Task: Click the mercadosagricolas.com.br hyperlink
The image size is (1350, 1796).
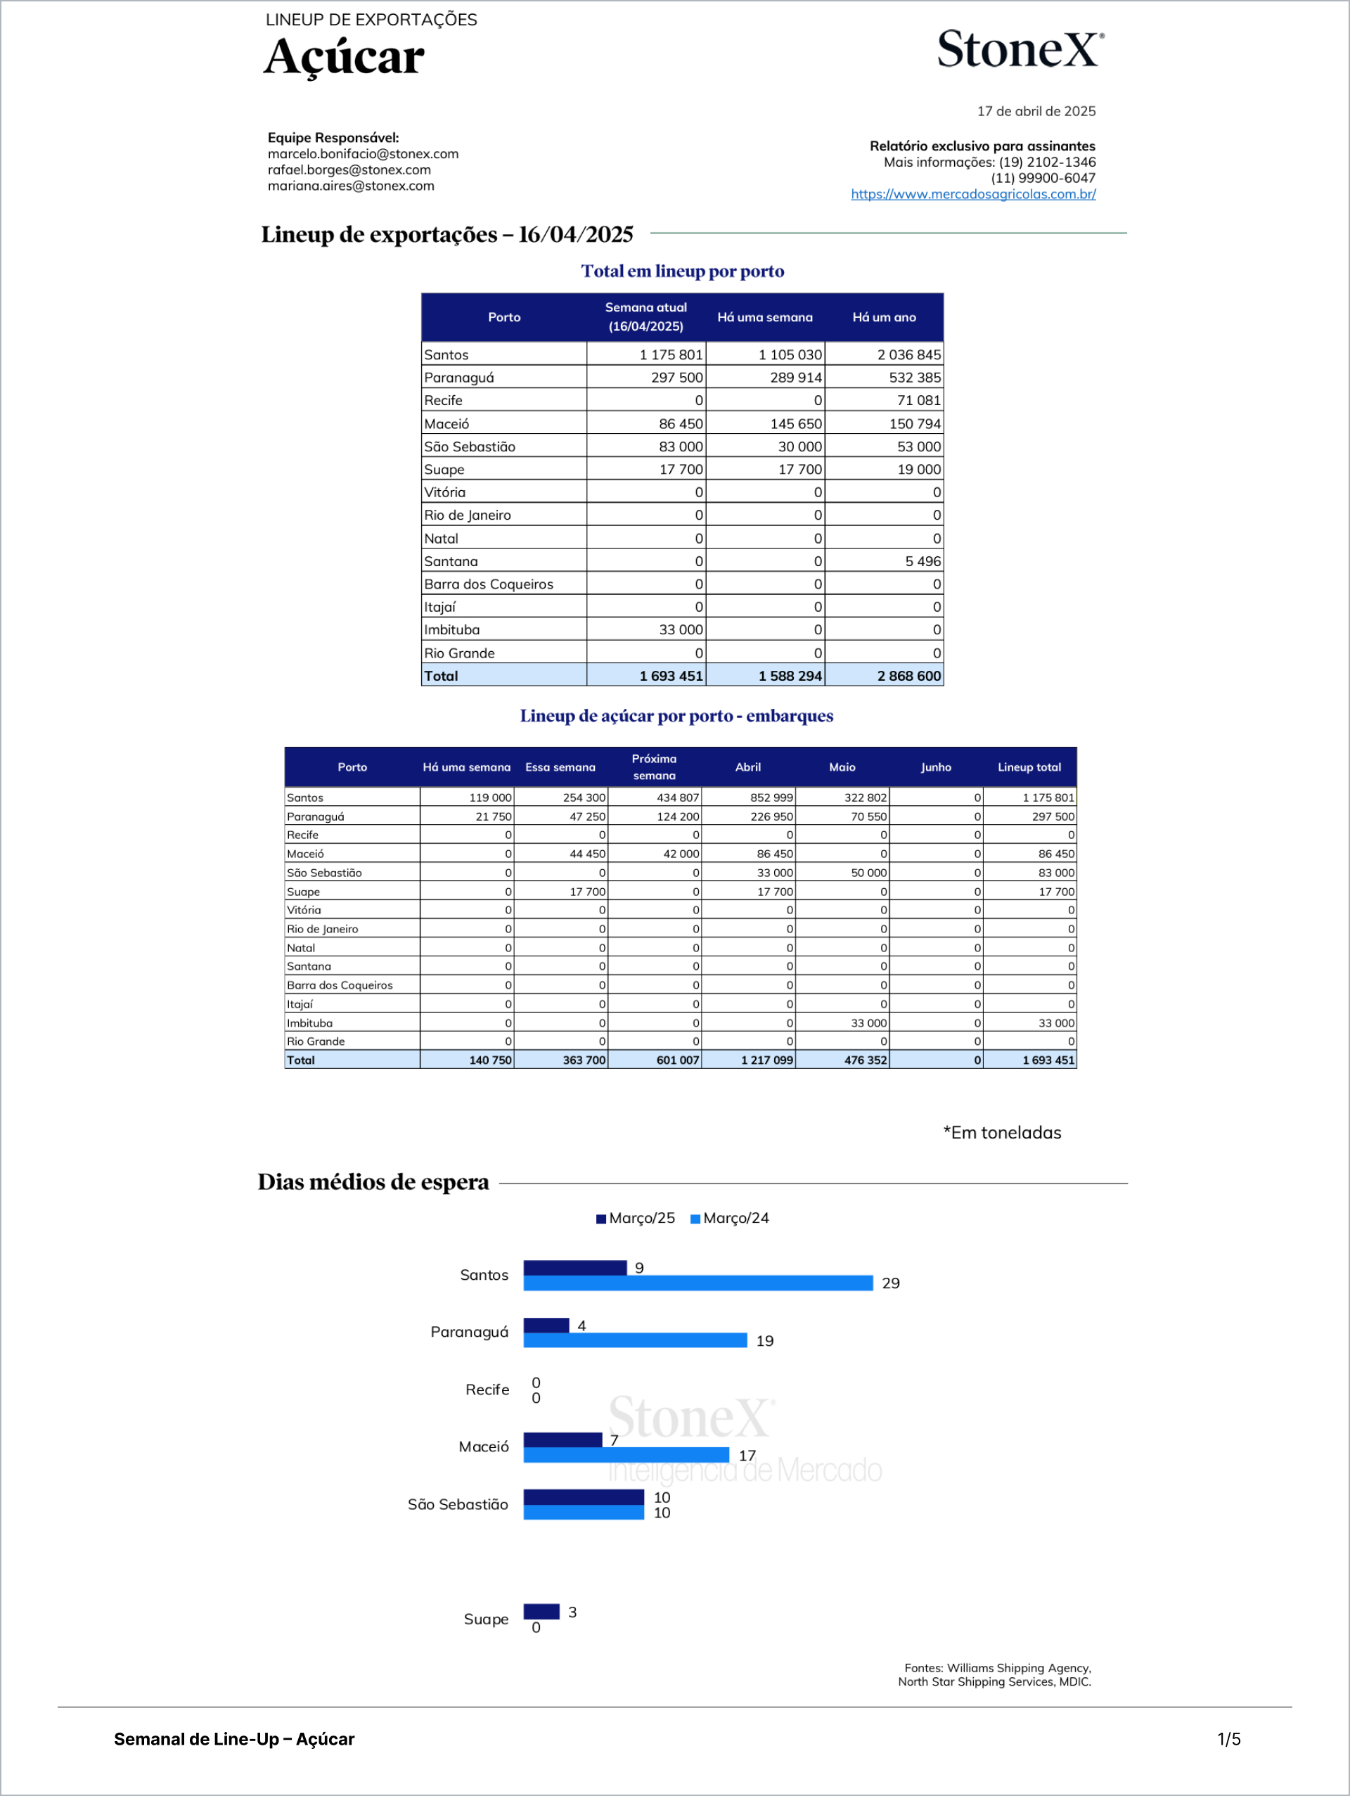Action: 972,194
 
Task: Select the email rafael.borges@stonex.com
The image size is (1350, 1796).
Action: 349,169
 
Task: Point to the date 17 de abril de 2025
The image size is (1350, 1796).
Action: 1036,111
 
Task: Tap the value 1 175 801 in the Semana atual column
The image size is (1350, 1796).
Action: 671,355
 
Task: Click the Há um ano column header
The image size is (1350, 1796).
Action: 883,317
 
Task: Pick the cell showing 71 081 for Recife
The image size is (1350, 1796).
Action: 918,400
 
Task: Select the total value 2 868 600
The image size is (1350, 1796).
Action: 908,676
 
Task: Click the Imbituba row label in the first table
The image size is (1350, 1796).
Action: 451,630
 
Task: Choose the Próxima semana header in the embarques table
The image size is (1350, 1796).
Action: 655,766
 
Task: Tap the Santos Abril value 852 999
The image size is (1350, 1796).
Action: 771,797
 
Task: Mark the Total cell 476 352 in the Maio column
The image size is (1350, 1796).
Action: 866,1060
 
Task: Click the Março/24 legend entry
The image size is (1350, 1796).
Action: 730,1218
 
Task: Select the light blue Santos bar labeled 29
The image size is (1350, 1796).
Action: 698,1283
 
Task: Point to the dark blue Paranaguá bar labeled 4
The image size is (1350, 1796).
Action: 546,1325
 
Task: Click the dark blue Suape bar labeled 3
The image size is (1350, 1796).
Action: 541,1612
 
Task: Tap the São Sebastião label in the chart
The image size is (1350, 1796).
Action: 458,1504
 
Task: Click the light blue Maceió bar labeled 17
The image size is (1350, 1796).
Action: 626,1455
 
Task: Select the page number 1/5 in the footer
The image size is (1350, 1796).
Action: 1228,1738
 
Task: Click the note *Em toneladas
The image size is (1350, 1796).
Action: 1002,1133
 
